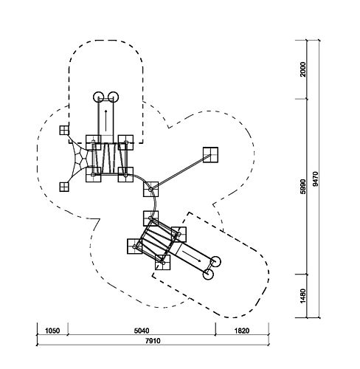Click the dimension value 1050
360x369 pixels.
[x=52, y=331]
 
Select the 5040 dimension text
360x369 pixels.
[x=142, y=331]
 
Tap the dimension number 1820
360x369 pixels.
[x=242, y=331]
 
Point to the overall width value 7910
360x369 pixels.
[x=153, y=341]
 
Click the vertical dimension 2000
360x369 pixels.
[x=303, y=69]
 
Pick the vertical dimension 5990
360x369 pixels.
[x=303, y=187]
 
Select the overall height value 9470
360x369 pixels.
[x=315, y=179]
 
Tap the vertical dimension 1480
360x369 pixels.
[x=303, y=296]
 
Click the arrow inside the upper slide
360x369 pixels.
[x=106, y=120]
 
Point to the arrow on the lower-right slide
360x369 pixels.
[x=192, y=256]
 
